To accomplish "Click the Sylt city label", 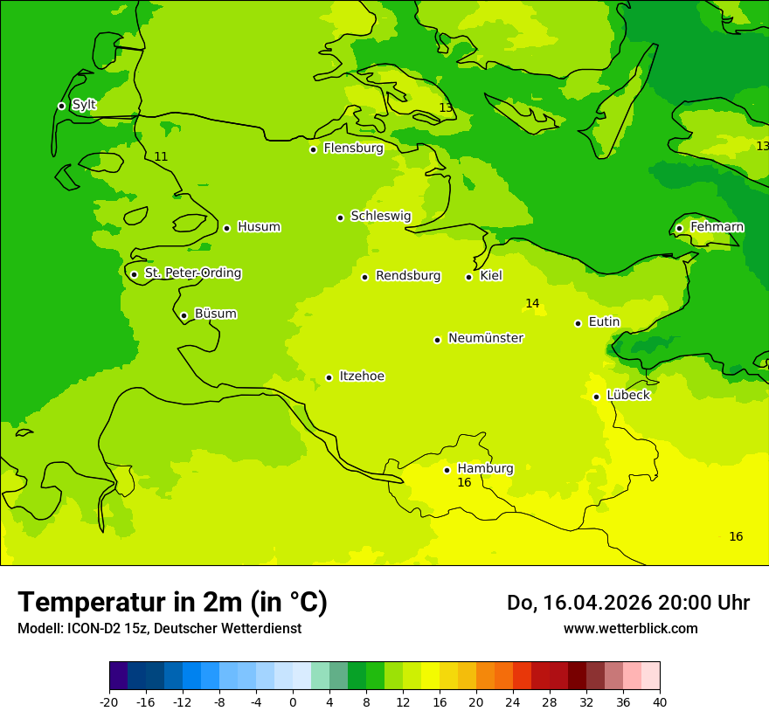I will click(x=84, y=105).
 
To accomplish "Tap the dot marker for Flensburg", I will click(x=313, y=149).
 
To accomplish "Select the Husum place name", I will click(x=259, y=227).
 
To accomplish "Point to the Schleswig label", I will click(x=380, y=216).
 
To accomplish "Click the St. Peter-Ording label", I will click(x=192, y=273).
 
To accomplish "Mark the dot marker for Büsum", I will click(x=184, y=315).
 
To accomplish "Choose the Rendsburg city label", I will click(x=408, y=276).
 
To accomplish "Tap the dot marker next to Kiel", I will click(x=468, y=277).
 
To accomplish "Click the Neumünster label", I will click(x=486, y=338).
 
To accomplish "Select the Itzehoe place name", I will click(x=362, y=376).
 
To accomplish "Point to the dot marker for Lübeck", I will click(x=596, y=397).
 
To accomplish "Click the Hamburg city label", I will click(x=485, y=468).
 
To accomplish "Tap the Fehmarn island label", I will click(x=717, y=227).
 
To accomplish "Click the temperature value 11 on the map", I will click(x=161, y=157).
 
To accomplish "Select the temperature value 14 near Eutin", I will click(x=532, y=303).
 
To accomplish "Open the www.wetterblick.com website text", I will click(x=630, y=629).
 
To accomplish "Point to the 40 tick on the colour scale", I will click(x=660, y=702).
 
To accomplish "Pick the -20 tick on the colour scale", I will click(x=109, y=702).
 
